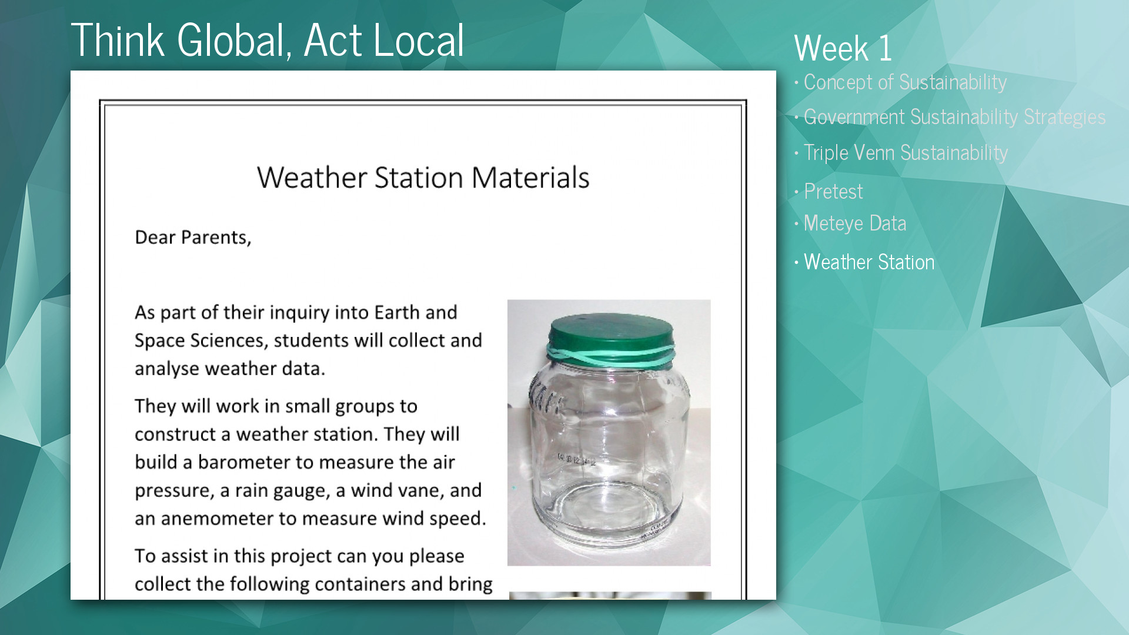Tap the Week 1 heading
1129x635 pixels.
(843, 48)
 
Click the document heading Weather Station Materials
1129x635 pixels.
(423, 178)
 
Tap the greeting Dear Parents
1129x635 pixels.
(193, 238)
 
